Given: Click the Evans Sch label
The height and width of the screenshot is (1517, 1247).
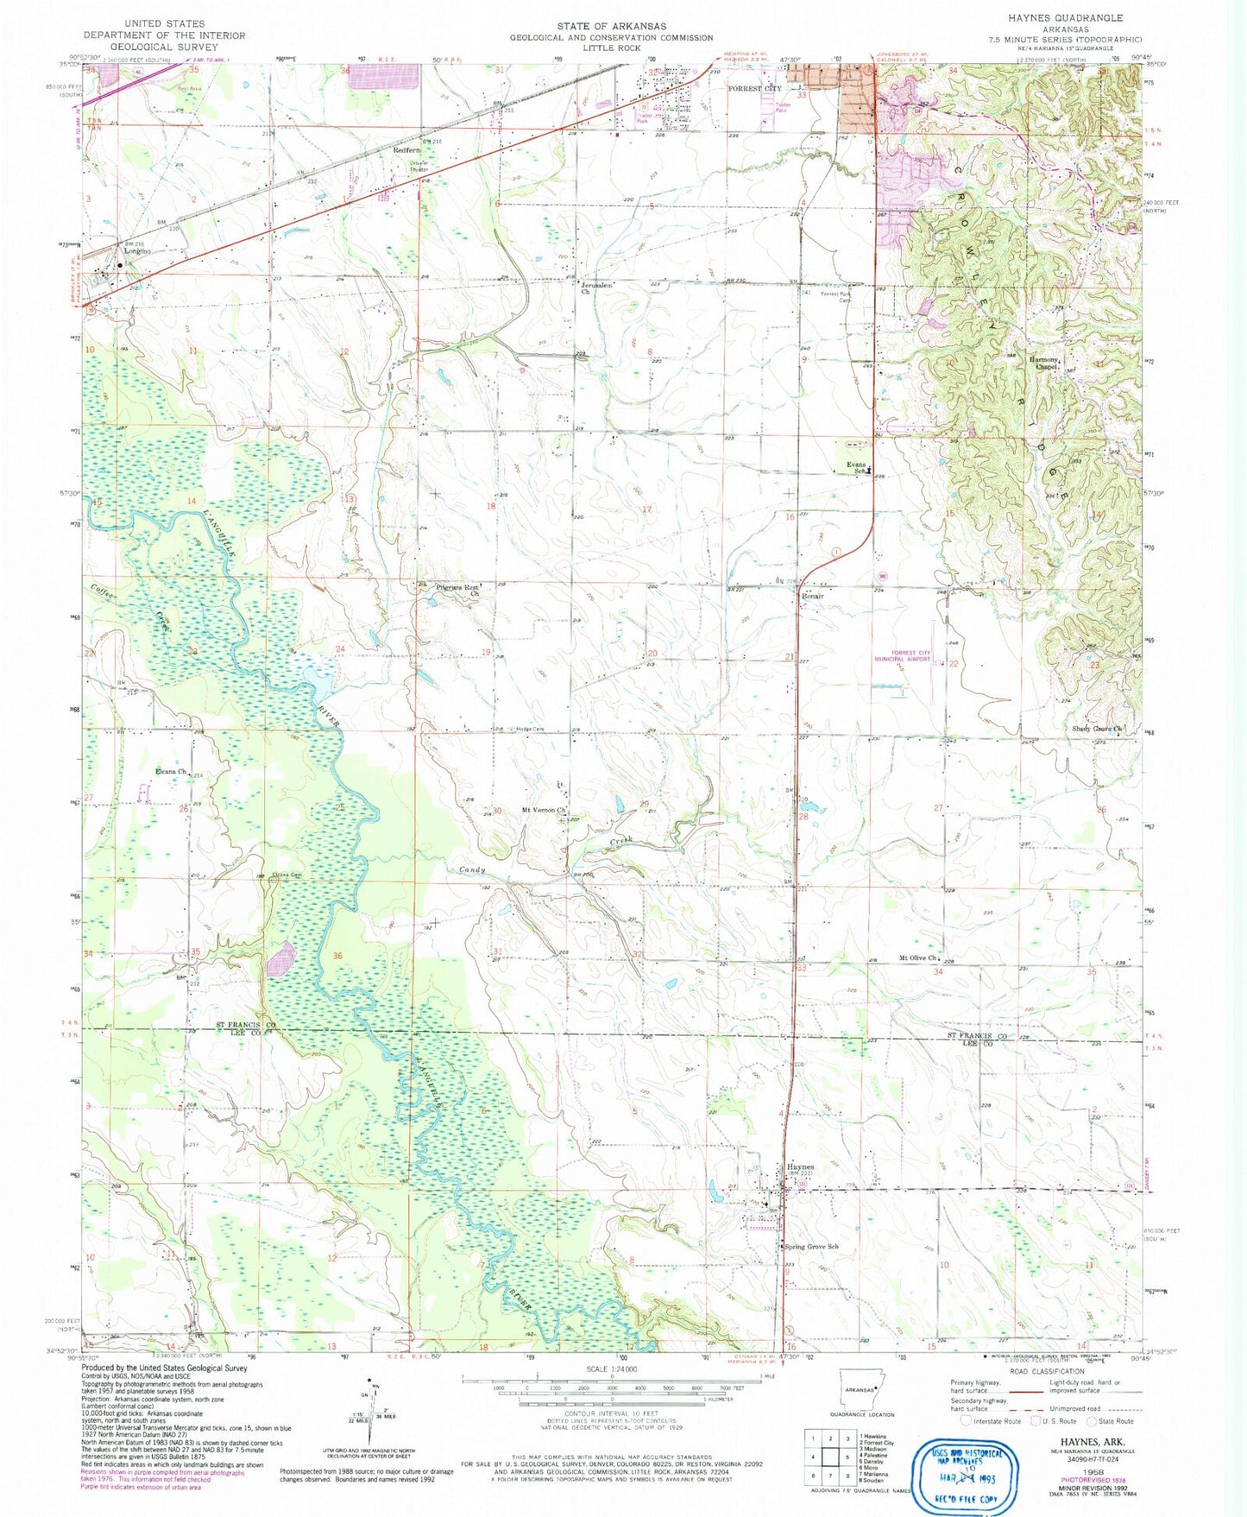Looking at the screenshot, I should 855,467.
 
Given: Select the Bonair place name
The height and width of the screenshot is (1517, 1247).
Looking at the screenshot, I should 813,597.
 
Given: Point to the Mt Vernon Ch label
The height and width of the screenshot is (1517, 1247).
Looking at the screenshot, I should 544,810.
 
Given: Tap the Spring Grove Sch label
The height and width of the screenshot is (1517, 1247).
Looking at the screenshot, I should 811,1247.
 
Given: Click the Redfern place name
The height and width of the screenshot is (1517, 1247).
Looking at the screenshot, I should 406,149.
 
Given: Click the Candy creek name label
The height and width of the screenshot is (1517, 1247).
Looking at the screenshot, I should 472,870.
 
